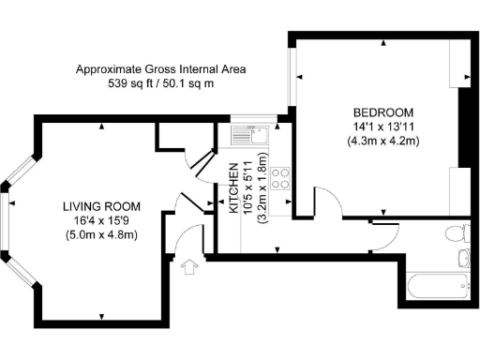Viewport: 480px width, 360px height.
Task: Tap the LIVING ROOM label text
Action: click(101, 206)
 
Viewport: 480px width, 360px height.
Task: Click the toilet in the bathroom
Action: click(456, 233)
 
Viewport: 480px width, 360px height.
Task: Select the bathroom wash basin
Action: click(461, 258)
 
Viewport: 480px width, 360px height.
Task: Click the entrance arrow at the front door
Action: click(193, 267)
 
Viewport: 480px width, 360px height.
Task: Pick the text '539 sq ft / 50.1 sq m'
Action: click(161, 83)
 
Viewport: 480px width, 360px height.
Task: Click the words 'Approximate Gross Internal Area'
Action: click(161, 69)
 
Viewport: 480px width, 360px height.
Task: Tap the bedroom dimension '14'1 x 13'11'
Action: click(382, 125)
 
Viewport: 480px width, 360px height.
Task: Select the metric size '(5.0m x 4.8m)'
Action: click(101, 234)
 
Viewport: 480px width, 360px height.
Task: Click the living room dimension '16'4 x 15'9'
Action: click(101, 220)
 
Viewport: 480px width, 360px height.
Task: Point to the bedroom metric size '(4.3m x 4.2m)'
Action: click(382, 140)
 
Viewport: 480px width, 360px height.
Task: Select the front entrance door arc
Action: click(191, 240)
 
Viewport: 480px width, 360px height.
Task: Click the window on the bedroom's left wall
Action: click(292, 76)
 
